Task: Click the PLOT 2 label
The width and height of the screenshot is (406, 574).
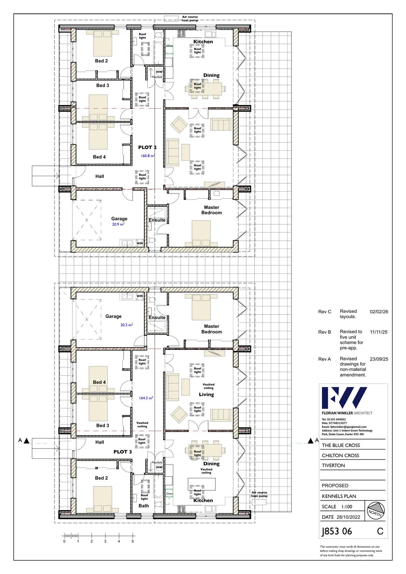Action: click(147, 147)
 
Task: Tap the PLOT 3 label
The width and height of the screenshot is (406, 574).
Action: click(123, 452)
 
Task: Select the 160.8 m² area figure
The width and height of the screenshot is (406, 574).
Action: click(148, 156)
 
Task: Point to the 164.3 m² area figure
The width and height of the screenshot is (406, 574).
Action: click(146, 398)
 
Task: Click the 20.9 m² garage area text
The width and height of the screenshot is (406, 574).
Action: click(118, 224)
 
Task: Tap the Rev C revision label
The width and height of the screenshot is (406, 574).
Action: click(325, 312)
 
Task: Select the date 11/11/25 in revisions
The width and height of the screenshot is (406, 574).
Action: click(379, 332)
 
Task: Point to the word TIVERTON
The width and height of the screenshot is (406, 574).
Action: click(333, 465)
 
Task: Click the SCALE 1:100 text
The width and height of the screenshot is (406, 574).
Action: click(337, 507)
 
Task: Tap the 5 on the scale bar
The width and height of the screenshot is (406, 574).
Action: click(132, 541)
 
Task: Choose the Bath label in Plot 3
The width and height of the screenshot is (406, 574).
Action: click(144, 505)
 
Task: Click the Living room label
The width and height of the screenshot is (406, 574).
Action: click(206, 394)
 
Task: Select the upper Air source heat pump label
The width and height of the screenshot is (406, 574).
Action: click(190, 18)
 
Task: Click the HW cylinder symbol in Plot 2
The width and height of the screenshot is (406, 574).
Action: click(159, 72)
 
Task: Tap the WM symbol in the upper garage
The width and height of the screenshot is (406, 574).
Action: click(140, 243)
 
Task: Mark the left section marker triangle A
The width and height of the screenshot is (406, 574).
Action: click(27, 441)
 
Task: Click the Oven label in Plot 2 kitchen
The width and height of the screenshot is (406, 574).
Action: click(169, 46)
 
